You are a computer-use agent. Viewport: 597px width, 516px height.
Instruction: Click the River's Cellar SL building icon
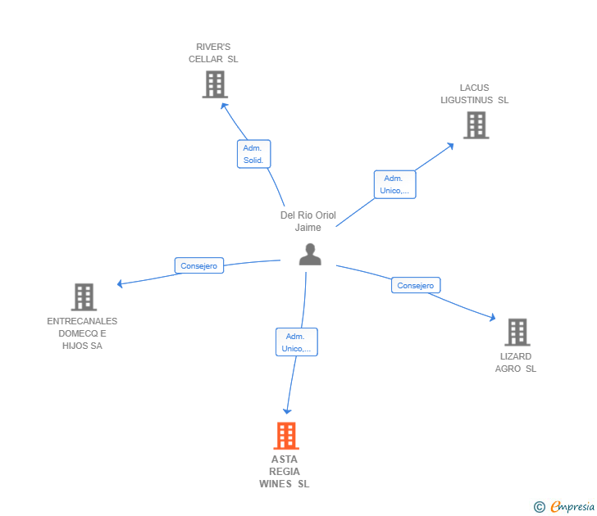tap(214, 84)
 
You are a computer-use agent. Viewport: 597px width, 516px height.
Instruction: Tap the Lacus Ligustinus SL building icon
tap(476, 125)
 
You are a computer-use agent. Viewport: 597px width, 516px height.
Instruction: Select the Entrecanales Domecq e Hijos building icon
tap(84, 296)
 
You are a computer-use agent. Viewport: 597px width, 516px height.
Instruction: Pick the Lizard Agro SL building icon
tap(517, 332)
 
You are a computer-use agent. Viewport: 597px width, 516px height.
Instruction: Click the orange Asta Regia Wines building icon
tap(285, 436)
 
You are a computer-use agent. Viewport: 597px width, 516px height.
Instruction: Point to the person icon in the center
tap(310, 255)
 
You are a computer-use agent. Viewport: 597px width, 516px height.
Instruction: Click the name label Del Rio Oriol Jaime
tap(308, 221)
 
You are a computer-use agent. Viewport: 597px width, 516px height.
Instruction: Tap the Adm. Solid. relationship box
tap(253, 154)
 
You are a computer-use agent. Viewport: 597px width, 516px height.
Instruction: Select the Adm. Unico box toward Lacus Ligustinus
tap(394, 184)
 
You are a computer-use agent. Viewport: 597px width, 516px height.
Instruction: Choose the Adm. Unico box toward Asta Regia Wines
tap(296, 342)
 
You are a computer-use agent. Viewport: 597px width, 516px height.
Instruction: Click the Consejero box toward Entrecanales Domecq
tap(199, 265)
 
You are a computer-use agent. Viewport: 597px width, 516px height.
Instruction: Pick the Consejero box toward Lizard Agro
tap(416, 285)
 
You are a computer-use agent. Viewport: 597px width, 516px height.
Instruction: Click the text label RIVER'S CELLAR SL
tap(213, 53)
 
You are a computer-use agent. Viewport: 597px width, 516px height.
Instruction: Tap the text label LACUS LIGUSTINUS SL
tap(474, 94)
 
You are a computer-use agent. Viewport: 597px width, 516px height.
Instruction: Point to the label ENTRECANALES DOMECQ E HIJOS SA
tap(82, 333)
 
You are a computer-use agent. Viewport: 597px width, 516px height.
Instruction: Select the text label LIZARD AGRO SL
tap(515, 362)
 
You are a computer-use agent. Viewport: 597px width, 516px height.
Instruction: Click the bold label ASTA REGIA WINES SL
tap(285, 471)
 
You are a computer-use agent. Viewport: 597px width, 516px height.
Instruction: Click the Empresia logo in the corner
tap(572, 507)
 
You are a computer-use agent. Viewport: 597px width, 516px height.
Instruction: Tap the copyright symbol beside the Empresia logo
tap(540, 507)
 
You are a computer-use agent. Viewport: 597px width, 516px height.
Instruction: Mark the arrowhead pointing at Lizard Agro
tap(493, 319)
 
